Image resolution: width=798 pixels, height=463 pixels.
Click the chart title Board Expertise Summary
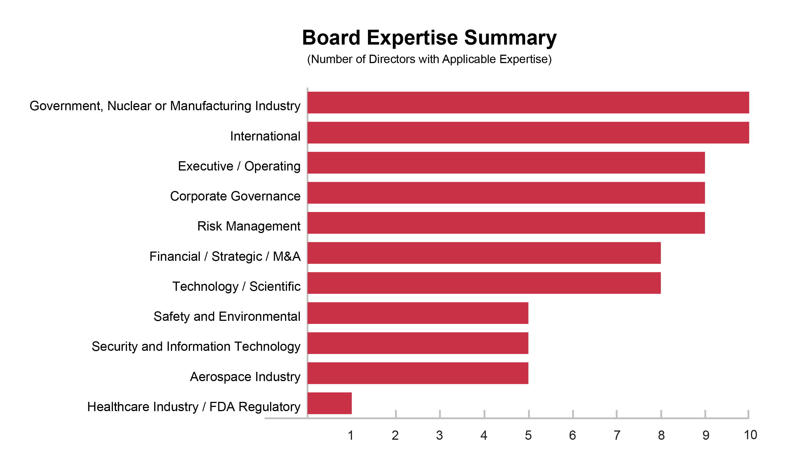click(429, 38)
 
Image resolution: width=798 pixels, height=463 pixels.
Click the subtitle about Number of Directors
click(429, 59)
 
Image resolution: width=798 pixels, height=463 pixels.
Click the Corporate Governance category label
click(235, 196)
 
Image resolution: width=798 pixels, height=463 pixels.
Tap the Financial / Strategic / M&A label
click(225, 256)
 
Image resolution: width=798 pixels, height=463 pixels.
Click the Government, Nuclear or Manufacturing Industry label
click(165, 106)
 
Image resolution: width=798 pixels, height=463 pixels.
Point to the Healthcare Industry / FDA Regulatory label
click(194, 407)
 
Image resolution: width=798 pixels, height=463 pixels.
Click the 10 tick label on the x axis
click(750, 435)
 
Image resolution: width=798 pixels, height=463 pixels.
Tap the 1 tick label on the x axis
click(351, 436)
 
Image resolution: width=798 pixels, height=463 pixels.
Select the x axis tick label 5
click(528, 436)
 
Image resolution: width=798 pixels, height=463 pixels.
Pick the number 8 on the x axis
click(661, 436)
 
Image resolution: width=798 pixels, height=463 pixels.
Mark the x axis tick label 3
click(439, 436)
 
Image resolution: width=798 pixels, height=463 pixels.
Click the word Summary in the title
click(510, 38)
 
